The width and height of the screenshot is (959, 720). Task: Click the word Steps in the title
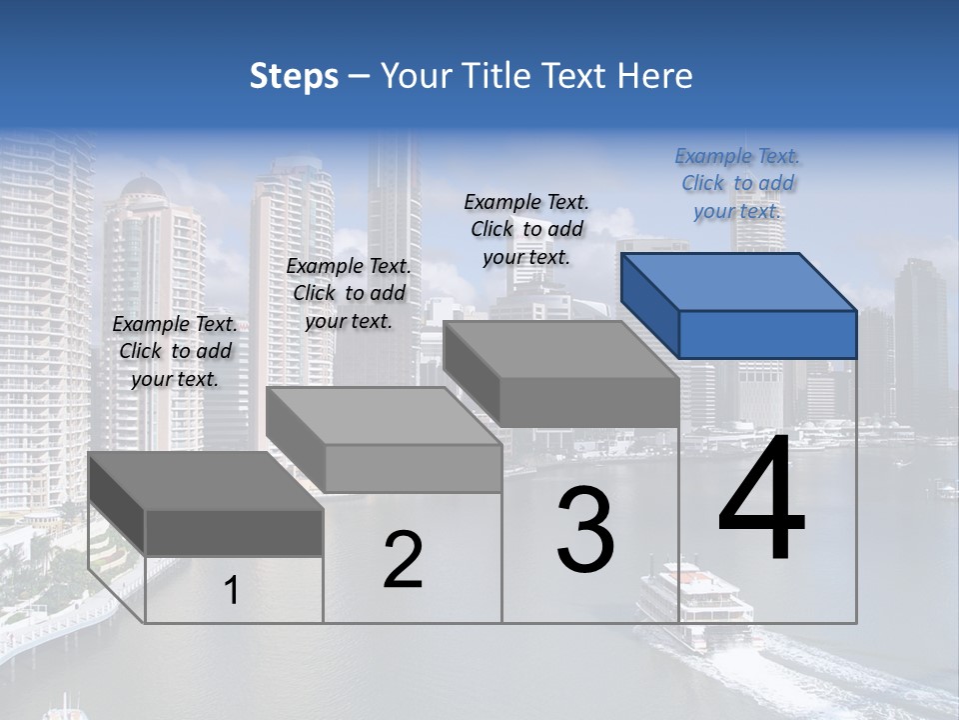coord(294,76)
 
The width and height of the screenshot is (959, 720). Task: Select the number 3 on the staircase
coord(585,531)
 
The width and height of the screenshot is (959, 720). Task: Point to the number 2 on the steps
coord(403,561)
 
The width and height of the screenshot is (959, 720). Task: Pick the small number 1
coord(232,591)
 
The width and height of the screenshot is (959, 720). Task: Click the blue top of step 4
coord(737,281)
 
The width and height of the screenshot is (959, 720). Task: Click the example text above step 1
coord(175,351)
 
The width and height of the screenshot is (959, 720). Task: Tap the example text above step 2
coord(349,293)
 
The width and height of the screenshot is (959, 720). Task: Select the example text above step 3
coord(526,229)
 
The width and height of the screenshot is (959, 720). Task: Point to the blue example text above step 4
coord(737,183)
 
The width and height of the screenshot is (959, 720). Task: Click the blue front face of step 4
coord(767,334)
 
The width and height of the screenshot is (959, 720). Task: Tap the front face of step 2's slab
coord(413,468)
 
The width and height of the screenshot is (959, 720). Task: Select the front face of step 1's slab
coord(234,532)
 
